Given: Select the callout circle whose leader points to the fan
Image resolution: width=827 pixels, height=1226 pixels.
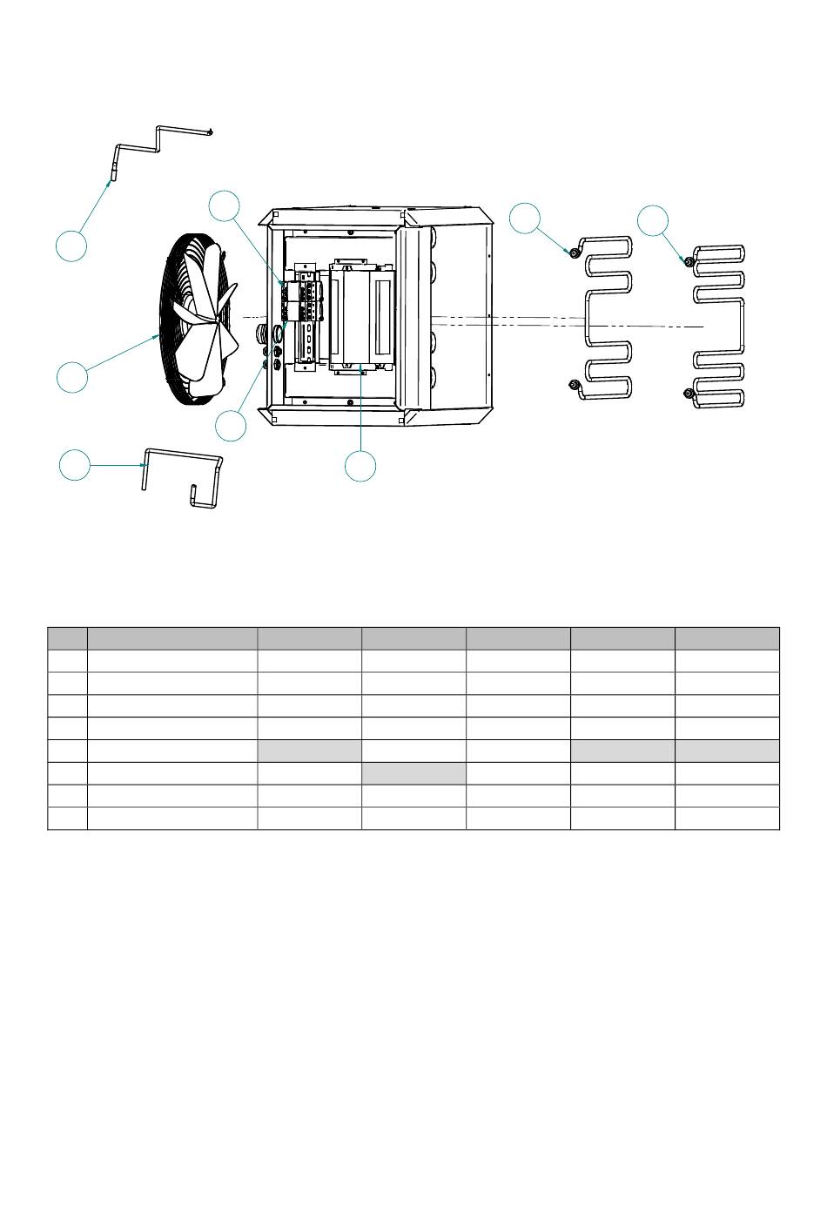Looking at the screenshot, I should click(72, 377).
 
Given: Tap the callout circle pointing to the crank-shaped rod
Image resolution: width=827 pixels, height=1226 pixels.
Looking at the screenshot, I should click(71, 245).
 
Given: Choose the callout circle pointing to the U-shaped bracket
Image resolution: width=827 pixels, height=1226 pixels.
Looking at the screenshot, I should click(75, 464).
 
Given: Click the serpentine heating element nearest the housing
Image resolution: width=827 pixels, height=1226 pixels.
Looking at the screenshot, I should click(607, 318).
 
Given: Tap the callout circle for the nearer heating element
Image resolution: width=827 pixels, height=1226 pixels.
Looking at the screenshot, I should click(525, 218).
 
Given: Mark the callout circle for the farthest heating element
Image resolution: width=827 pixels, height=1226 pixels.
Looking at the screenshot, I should click(653, 220).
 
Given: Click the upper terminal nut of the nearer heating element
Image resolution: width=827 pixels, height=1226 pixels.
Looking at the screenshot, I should click(574, 253).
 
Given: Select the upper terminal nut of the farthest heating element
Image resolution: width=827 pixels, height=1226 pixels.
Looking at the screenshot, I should click(689, 261).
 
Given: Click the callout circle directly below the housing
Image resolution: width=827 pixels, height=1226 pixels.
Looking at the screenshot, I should click(360, 466).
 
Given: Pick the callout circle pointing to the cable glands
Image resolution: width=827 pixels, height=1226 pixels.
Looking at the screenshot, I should click(232, 425).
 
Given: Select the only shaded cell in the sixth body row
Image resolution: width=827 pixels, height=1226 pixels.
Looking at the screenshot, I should click(413, 773).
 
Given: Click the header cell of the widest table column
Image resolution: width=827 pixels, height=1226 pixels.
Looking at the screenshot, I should click(171, 637).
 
